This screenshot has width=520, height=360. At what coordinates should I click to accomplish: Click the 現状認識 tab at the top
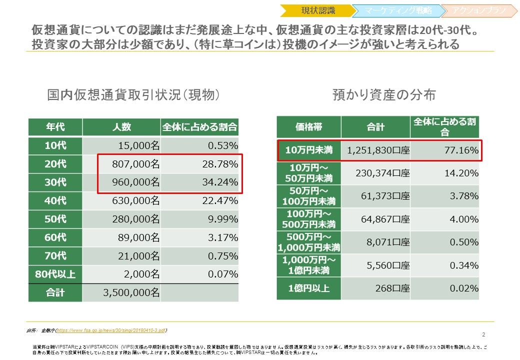click(318, 10)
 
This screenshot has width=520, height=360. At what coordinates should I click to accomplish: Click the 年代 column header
click(55, 127)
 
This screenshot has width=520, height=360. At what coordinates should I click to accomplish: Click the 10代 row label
click(55, 145)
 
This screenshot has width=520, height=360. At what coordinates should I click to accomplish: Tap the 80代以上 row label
click(55, 274)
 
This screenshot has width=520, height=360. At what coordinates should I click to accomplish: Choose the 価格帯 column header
click(308, 127)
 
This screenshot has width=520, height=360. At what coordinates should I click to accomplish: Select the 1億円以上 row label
click(308, 288)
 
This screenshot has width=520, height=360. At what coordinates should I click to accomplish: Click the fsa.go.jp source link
click(111, 330)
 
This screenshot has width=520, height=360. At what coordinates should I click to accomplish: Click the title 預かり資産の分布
click(384, 95)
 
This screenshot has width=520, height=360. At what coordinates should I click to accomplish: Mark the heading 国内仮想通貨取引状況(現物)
click(133, 95)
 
